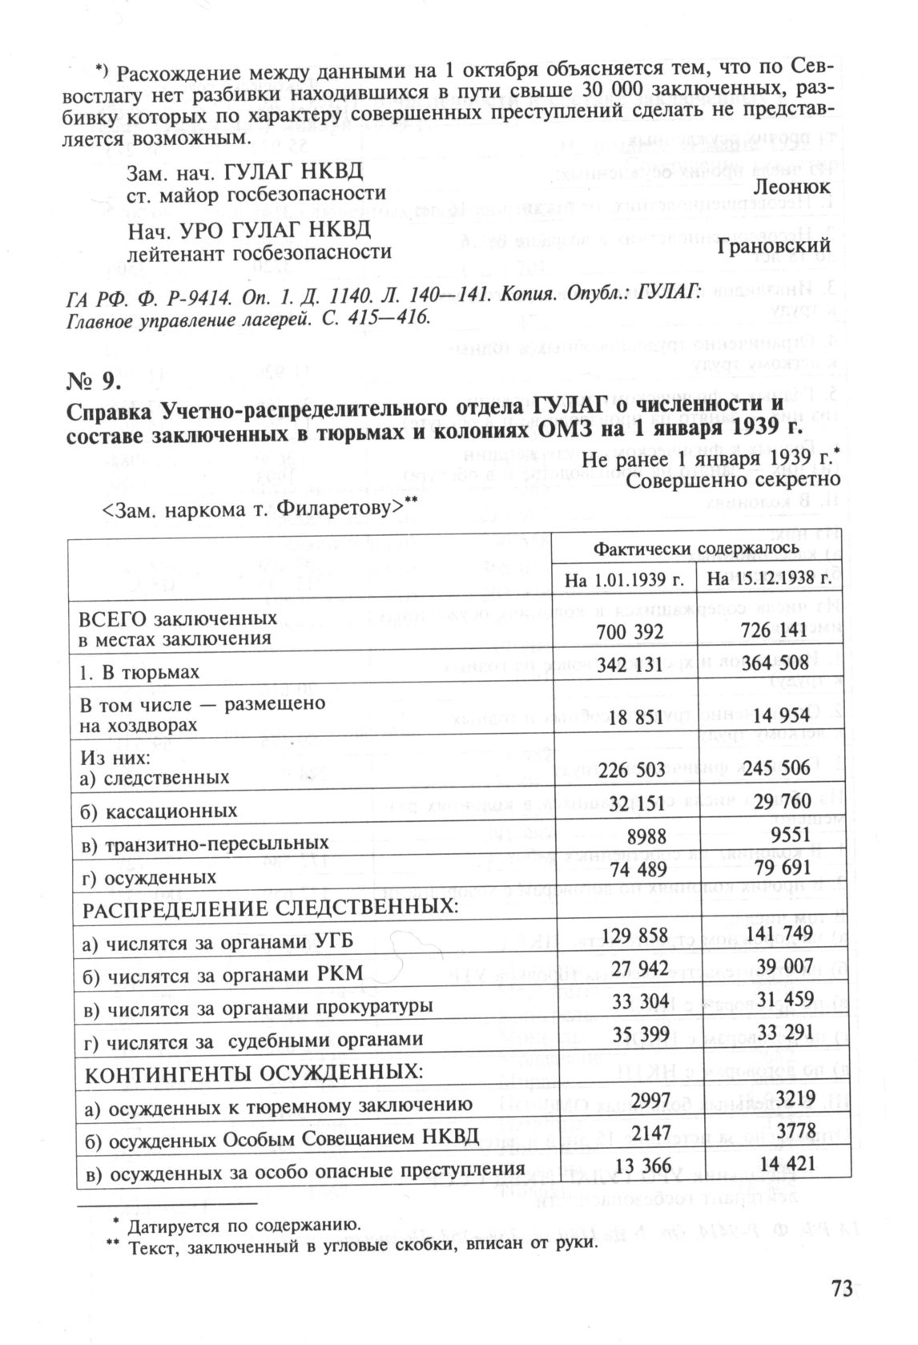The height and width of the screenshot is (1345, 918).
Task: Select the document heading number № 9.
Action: (x=95, y=380)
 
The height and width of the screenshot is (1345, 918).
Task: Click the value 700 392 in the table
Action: (x=630, y=633)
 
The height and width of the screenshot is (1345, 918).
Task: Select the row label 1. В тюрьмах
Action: (x=139, y=672)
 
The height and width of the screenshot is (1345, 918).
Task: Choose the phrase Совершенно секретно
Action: (x=732, y=479)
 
